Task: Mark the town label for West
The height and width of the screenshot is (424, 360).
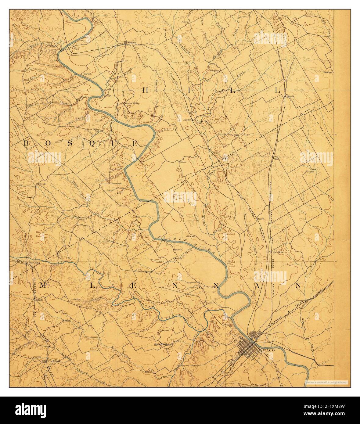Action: [x=277, y=159]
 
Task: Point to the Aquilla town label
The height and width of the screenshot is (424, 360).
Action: [x=187, y=120]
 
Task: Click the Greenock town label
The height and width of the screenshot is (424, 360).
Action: [x=116, y=184]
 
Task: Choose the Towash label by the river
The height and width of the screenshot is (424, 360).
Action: [x=88, y=74]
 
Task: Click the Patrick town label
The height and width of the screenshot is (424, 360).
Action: [x=178, y=249]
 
